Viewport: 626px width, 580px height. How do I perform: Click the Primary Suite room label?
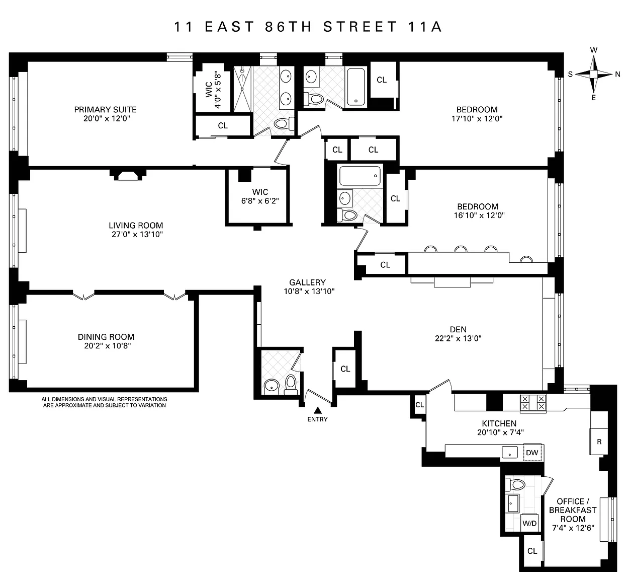tap(105, 110)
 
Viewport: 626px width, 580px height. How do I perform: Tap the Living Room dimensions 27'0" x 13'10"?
tap(137, 234)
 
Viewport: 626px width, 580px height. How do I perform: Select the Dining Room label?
tap(106, 337)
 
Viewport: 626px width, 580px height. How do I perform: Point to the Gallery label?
tap(307, 282)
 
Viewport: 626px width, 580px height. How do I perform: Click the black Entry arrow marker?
tap(318, 410)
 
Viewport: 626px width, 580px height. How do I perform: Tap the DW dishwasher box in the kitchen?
tap(532, 453)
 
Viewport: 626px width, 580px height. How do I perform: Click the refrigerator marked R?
tap(599, 442)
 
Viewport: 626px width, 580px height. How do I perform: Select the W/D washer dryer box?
tap(529, 523)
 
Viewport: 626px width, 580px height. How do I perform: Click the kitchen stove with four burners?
tap(533, 403)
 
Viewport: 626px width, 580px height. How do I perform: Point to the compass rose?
tap(593, 74)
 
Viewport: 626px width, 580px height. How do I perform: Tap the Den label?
tap(458, 329)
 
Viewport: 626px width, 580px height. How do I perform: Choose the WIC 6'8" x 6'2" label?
tap(260, 196)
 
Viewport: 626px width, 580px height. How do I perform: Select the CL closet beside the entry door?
tap(345, 369)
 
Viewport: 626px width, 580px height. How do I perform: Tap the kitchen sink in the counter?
tap(510, 452)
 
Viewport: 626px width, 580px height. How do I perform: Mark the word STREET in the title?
tap(360, 27)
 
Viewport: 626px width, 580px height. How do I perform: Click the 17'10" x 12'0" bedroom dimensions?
tap(477, 118)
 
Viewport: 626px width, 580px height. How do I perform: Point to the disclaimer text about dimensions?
tap(105, 402)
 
